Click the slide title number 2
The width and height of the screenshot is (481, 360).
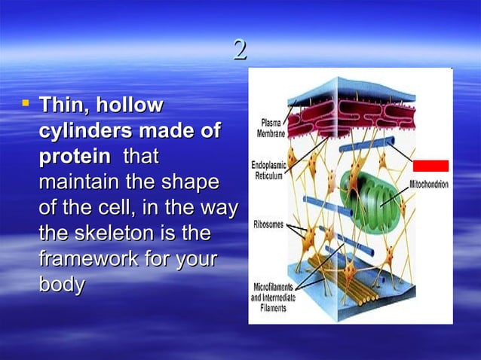point(240,51)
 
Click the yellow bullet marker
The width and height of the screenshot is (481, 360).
point(26,100)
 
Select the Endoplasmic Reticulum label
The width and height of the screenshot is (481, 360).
point(268,170)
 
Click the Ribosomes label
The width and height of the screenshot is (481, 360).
point(268,224)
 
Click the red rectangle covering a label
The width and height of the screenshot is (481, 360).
point(430,166)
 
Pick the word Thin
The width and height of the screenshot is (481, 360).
point(63,105)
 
